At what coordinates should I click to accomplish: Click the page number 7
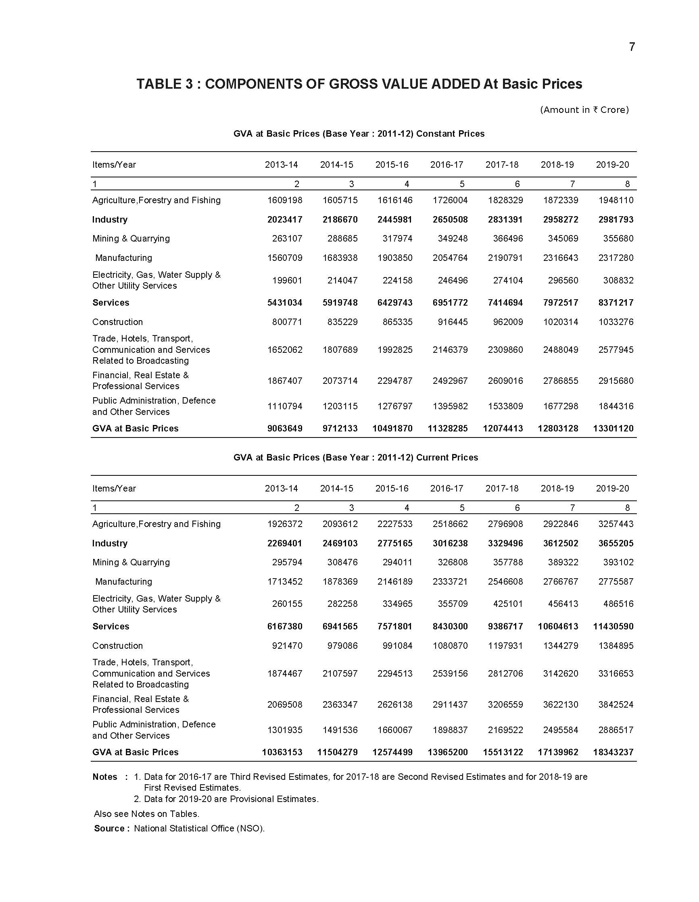click(x=632, y=47)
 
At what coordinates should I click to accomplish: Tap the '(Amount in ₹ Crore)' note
click(x=584, y=110)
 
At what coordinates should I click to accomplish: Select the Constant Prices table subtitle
click(x=359, y=134)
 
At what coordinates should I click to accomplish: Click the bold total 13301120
click(x=613, y=429)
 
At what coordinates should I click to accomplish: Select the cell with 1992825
click(x=394, y=350)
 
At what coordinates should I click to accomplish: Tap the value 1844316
click(x=616, y=406)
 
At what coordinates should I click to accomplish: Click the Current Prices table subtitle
click(x=355, y=458)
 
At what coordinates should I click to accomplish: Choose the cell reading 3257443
click(x=616, y=524)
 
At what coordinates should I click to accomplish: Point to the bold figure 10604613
click(x=558, y=627)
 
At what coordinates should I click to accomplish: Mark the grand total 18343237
click(x=613, y=752)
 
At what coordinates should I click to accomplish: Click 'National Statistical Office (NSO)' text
click(x=199, y=829)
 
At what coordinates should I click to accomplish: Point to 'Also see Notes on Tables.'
click(x=146, y=814)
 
